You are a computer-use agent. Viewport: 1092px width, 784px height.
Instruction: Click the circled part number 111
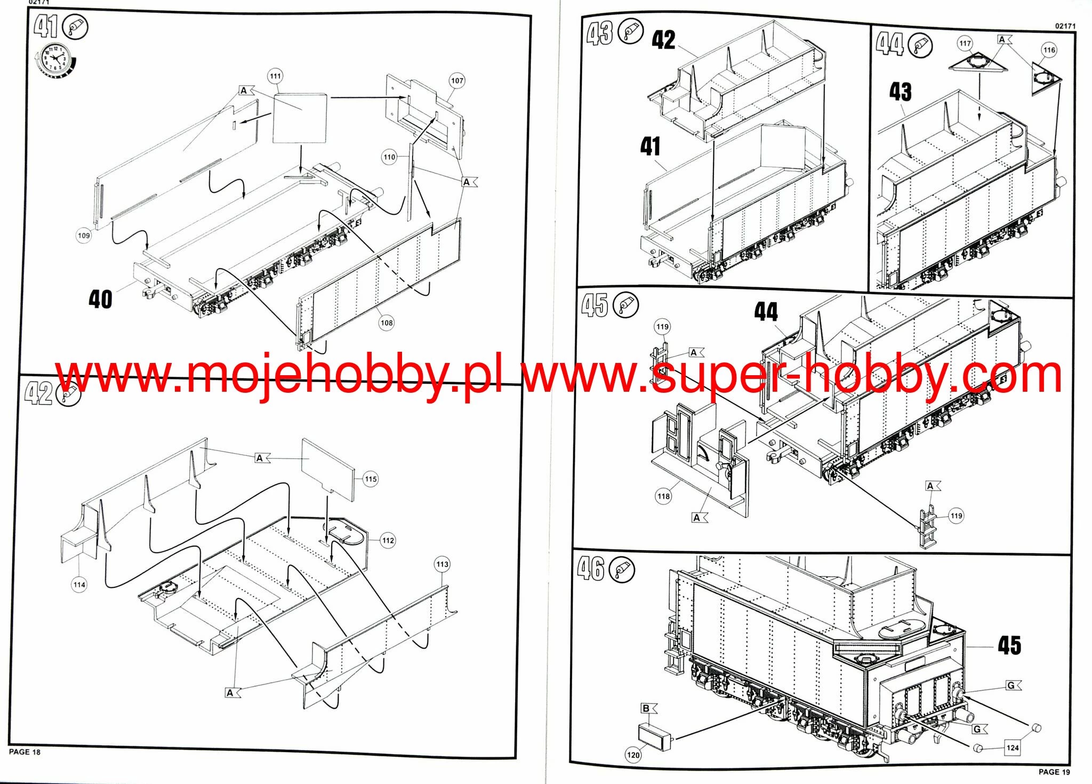[x=275, y=76]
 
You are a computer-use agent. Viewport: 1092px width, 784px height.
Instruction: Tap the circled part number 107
[x=457, y=81]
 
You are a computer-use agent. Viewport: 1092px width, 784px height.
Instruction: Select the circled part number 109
[x=84, y=236]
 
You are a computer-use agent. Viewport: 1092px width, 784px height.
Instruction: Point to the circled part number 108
[x=387, y=322]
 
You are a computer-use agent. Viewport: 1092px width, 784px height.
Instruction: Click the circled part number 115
[x=371, y=479]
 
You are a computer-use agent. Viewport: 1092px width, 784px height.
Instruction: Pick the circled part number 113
[x=443, y=564]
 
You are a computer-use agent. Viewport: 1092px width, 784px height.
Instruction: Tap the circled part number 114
[x=79, y=585]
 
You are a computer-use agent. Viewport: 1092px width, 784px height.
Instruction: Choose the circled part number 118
[x=663, y=497]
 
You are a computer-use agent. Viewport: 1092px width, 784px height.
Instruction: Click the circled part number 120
[x=633, y=755]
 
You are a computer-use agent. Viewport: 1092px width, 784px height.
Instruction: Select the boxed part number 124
[x=1013, y=748]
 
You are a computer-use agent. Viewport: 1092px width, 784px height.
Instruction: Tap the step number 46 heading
[x=590, y=569]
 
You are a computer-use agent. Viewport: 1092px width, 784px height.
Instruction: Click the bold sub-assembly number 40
[x=100, y=300]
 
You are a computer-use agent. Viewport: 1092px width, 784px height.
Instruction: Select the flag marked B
[x=648, y=708]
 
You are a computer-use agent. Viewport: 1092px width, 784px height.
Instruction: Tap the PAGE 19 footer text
[x=1054, y=772]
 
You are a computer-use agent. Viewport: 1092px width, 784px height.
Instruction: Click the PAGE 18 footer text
[x=25, y=752]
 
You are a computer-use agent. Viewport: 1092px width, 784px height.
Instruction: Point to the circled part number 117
[x=965, y=44]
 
